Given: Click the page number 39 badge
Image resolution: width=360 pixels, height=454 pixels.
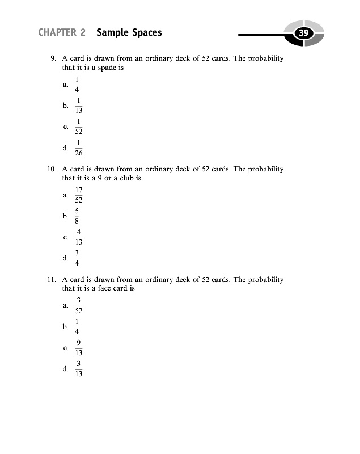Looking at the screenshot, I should pyautogui.click(x=303, y=33).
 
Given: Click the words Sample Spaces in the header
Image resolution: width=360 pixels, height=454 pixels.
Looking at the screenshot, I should pyautogui.click(x=129, y=32).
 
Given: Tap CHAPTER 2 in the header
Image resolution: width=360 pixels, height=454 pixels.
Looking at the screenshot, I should pyautogui.click(x=62, y=32).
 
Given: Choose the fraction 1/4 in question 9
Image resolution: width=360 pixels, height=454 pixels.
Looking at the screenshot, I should pyautogui.click(x=77, y=85).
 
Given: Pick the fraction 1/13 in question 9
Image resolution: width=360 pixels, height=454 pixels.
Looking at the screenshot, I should pyautogui.click(x=79, y=106).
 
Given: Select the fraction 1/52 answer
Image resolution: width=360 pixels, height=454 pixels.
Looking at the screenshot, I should pyautogui.click(x=79, y=127).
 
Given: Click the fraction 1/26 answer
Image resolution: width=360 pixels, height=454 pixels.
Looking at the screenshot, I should pyautogui.click(x=79, y=148).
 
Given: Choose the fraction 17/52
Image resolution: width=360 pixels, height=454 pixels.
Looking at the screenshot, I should pyautogui.click(x=79, y=195).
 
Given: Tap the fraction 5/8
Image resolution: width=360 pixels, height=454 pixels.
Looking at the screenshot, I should pyautogui.click(x=77, y=216).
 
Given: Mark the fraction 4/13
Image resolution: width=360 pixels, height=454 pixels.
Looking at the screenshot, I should pyautogui.click(x=79, y=237).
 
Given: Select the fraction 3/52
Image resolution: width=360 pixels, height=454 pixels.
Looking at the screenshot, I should pyautogui.click(x=79, y=305).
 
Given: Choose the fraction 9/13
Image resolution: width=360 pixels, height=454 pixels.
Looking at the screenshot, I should pyautogui.click(x=79, y=347).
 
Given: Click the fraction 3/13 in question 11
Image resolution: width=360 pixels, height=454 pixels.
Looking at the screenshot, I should pyautogui.click(x=79, y=368).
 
